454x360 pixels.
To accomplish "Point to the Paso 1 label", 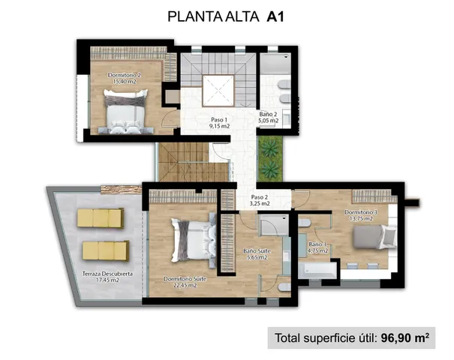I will pyautogui.click(x=219, y=122).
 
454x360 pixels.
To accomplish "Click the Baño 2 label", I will pyautogui.click(x=269, y=116).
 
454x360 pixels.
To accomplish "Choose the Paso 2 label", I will pyautogui.click(x=260, y=200).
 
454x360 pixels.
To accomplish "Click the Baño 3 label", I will pyautogui.click(x=318, y=247).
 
